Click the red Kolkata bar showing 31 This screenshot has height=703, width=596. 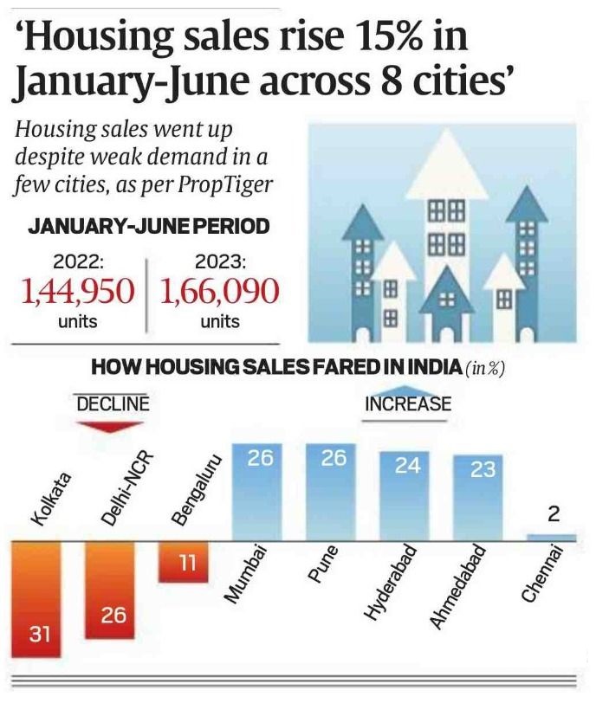35,599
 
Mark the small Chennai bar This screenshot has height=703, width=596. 551,537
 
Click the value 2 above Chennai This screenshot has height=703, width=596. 554,514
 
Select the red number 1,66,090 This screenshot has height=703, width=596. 220,293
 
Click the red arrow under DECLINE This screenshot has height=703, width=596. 111,426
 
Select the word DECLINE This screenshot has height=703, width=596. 113,403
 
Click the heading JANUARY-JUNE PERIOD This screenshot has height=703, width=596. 148,227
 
